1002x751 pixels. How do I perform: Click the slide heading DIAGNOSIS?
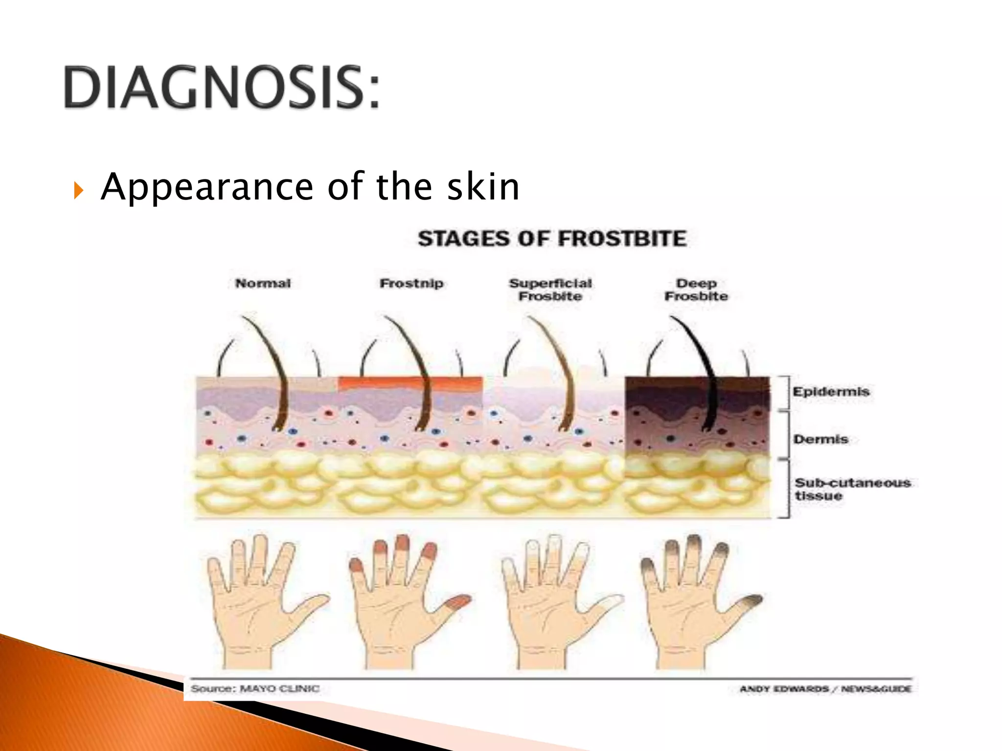click(x=221, y=88)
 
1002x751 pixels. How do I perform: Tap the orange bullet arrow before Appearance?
click(x=79, y=190)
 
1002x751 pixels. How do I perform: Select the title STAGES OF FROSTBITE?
click(x=552, y=239)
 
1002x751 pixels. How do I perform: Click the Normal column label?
click(x=263, y=284)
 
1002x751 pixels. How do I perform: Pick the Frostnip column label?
click(x=411, y=284)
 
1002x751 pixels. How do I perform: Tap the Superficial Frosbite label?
click(x=550, y=290)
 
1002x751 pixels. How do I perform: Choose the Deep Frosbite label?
click(x=696, y=290)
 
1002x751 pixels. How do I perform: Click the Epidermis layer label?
click(x=831, y=392)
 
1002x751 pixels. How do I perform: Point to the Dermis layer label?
click(x=820, y=439)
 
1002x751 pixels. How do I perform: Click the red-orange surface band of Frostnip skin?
click(x=410, y=382)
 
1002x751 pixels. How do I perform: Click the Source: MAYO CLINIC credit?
click(x=255, y=689)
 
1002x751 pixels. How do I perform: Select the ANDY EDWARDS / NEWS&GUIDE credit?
click(x=825, y=689)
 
